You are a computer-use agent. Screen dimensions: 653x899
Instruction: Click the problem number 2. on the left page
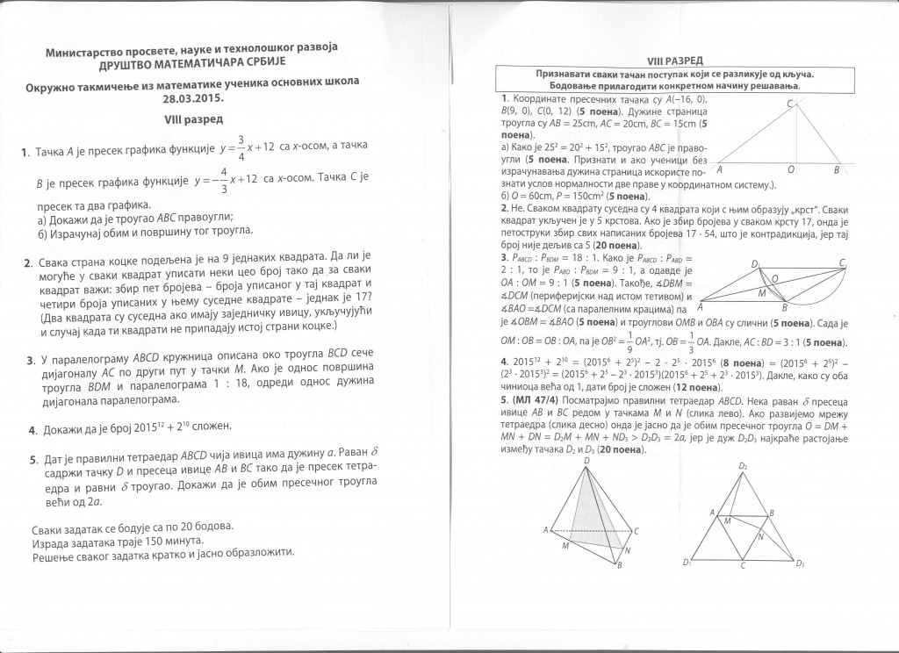[x=28, y=263]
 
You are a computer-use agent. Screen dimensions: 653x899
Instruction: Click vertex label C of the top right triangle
[x=789, y=104]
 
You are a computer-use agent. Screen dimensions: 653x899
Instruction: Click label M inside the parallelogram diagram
[x=762, y=295]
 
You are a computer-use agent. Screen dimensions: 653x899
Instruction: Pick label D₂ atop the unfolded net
[x=742, y=464]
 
